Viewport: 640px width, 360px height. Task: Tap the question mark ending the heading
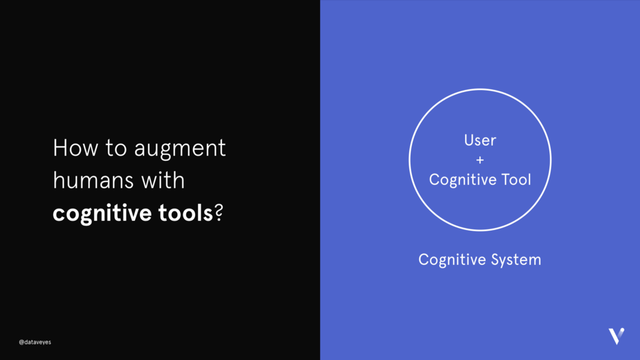coord(219,213)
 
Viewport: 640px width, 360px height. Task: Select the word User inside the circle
coord(480,141)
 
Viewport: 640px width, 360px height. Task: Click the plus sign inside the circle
coord(480,160)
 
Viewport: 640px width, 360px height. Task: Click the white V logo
coord(616,336)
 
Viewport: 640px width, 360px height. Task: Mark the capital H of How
coord(59,149)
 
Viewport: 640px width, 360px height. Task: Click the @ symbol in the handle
coord(21,342)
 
